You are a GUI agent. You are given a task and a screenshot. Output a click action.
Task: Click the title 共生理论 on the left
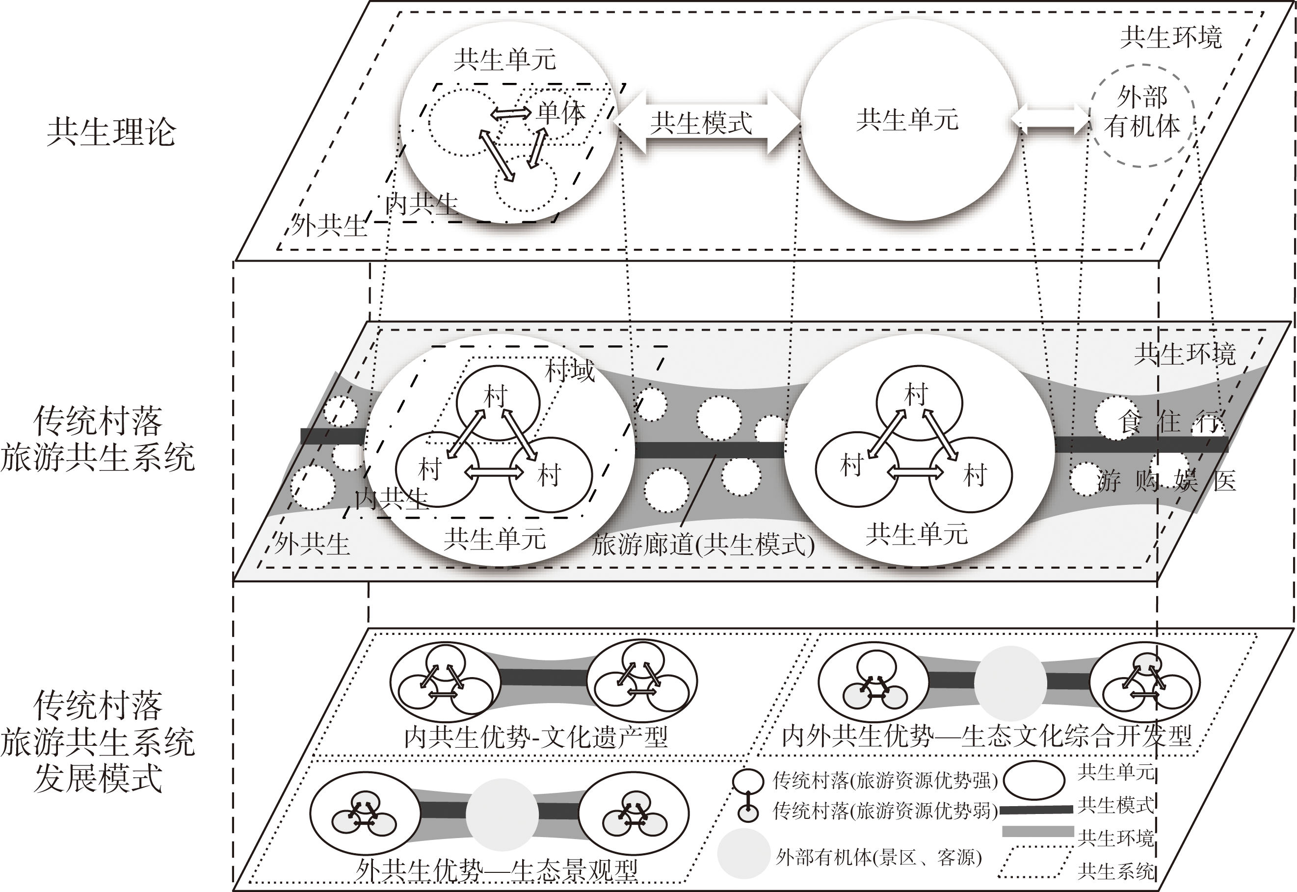(111, 132)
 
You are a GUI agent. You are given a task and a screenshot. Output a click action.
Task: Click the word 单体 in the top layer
(561, 113)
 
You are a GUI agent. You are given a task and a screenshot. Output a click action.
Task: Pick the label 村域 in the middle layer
(570, 371)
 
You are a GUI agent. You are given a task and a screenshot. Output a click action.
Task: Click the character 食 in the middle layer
(1129, 422)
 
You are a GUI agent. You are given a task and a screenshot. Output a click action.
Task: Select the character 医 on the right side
(1224, 481)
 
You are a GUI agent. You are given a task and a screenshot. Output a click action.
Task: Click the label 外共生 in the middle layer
(312, 544)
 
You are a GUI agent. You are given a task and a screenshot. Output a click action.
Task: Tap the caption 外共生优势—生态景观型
(497, 871)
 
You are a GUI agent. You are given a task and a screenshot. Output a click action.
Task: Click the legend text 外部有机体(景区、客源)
(878, 857)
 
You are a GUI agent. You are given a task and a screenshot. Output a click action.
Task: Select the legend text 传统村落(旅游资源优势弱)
(885, 811)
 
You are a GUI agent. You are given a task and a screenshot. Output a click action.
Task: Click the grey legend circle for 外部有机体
(743, 853)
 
